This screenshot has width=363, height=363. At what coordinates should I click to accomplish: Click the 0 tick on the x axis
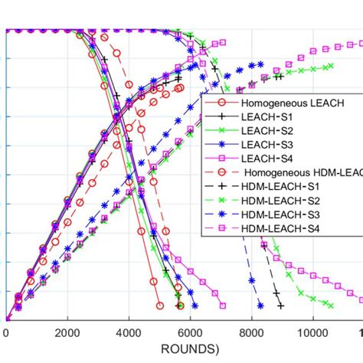(x=6, y=334)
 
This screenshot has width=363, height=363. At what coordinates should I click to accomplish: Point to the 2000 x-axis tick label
(x=67, y=334)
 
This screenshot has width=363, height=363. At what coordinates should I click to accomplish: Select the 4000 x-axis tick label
(x=129, y=334)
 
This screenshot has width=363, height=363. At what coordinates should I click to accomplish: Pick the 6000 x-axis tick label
(x=190, y=334)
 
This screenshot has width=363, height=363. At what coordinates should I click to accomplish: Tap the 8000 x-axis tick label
(x=251, y=334)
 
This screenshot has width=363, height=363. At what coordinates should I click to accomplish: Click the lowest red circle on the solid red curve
(x=159, y=305)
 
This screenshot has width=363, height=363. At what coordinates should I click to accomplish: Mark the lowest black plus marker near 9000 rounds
(x=281, y=306)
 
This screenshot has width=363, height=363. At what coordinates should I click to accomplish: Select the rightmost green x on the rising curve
(x=331, y=67)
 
